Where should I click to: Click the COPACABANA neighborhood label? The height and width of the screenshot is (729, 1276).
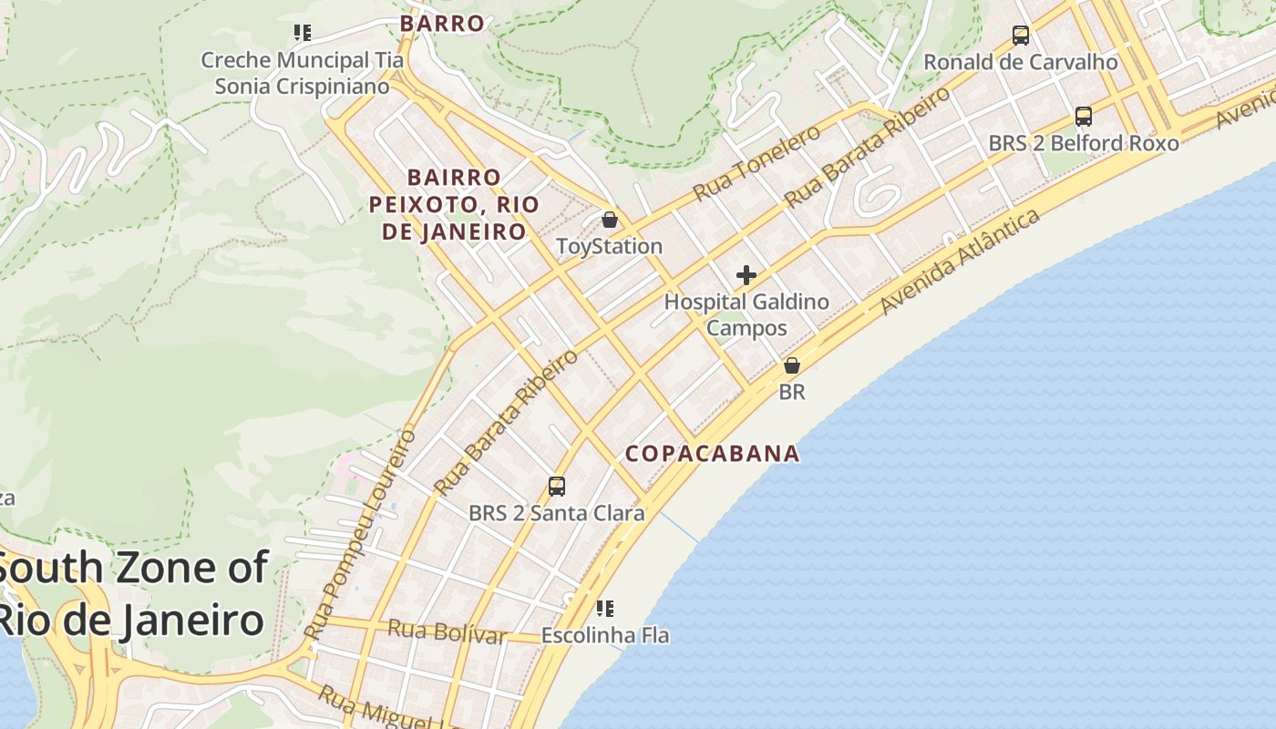(712, 454)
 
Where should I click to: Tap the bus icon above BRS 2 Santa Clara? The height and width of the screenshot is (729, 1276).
(557, 487)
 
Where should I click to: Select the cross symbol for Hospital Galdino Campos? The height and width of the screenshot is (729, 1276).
(746, 275)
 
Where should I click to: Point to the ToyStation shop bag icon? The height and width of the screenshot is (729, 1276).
(610, 221)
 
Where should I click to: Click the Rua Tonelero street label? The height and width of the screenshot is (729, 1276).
(756, 163)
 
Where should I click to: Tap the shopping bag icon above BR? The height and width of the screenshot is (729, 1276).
(792, 366)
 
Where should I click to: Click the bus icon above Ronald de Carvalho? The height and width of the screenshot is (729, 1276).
(1021, 36)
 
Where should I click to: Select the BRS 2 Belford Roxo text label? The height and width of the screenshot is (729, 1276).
(1083, 144)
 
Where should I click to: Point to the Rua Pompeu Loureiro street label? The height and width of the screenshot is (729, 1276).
(360, 533)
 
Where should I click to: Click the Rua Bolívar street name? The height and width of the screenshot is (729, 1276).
(447, 631)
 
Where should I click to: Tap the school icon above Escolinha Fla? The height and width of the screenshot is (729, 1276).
(604, 608)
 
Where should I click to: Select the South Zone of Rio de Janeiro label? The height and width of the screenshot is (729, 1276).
(132, 594)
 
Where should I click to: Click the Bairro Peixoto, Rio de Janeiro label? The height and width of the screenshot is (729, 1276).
(454, 204)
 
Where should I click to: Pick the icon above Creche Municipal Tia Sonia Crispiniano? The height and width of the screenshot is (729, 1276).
(303, 34)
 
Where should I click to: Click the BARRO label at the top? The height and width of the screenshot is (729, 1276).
(442, 24)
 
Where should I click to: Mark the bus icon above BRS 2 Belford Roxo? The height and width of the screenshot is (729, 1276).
(1083, 117)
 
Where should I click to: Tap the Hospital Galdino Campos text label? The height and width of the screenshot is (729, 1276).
(746, 314)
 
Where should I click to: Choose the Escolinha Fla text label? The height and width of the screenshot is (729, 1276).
(605, 635)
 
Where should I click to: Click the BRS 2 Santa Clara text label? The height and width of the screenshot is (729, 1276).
(556, 513)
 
